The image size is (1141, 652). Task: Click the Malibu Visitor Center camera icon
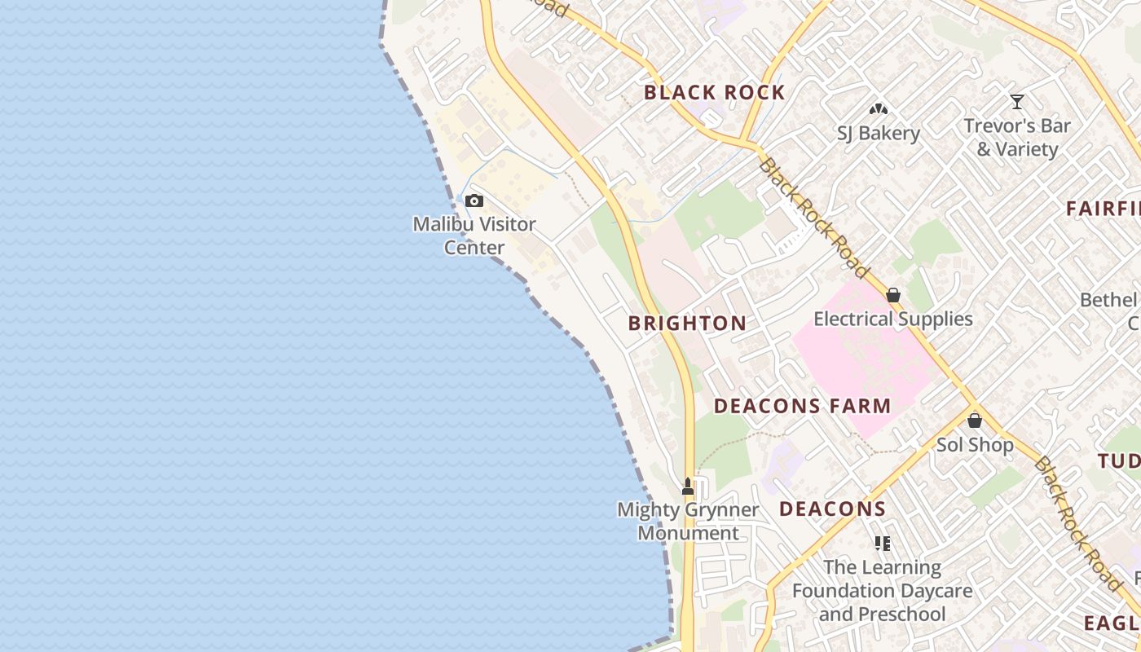(x=474, y=201)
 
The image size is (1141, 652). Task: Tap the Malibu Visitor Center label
(x=474, y=236)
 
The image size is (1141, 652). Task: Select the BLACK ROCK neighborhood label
(x=714, y=92)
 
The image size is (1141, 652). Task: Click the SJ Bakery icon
(x=878, y=108)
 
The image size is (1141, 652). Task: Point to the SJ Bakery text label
(x=878, y=133)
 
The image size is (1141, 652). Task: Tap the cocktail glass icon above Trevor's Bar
(x=1016, y=102)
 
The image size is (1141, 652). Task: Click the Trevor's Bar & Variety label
(x=1016, y=138)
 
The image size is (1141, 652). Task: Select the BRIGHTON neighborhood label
(x=687, y=324)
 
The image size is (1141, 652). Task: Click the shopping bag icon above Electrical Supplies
(x=893, y=295)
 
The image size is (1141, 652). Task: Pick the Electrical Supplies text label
(x=893, y=319)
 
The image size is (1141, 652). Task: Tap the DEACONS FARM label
(x=802, y=406)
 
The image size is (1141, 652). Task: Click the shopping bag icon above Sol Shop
(x=975, y=421)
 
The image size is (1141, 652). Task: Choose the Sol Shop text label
(x=975, y=445)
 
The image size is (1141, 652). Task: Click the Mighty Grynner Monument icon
(x=688, y=487)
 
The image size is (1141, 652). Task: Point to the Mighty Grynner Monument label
(x=688, y=522)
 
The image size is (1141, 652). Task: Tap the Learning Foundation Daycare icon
(x=882, y=543)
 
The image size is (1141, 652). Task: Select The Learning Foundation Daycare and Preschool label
(x=882, y=590)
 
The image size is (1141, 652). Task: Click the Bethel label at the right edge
(x=1108, y=301)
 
